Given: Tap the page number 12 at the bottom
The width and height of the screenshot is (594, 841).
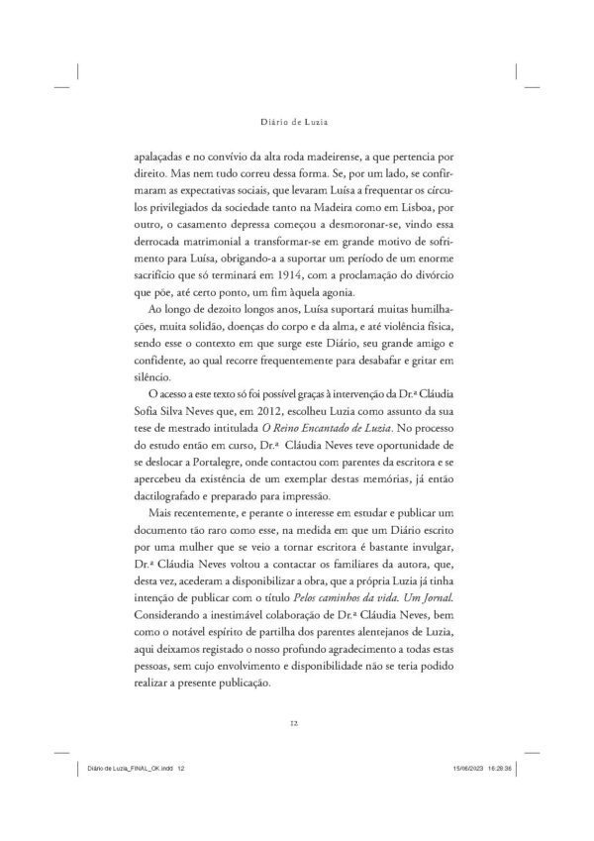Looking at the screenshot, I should coord(297,723).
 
